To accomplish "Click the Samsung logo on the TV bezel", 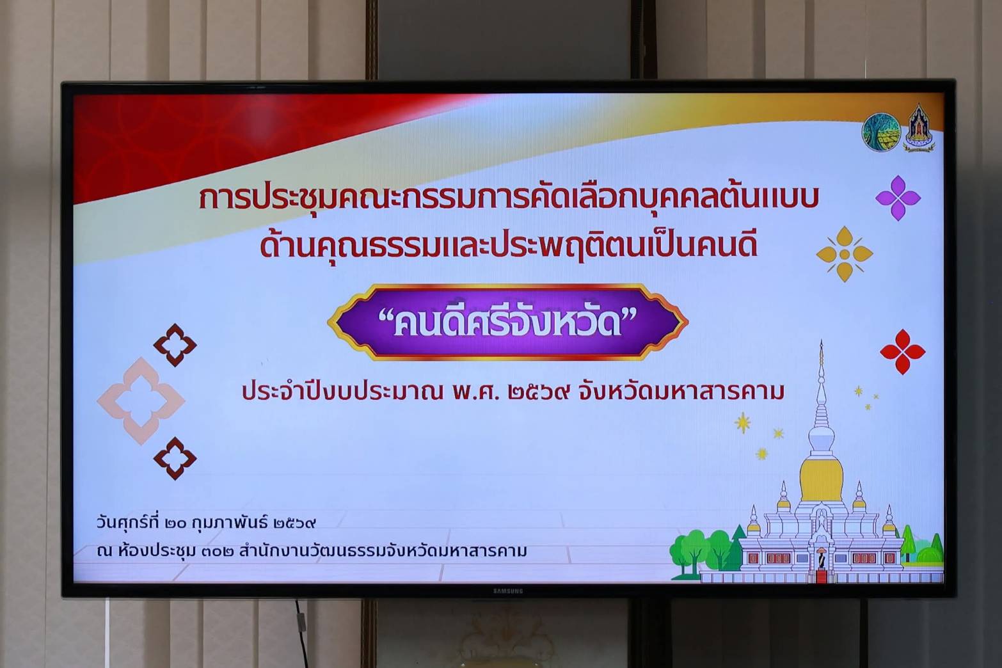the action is point(507,591).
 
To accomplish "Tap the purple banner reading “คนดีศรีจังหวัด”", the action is point(507,322).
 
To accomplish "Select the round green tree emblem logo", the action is point(881,132).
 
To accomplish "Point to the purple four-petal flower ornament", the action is point(898,198).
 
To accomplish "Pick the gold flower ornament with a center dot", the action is point(845,254).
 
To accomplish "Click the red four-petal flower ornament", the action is point(903,352).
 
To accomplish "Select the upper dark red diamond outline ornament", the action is point(175,345).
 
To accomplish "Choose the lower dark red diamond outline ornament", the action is point(175,459).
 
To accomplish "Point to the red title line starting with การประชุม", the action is point(509,200).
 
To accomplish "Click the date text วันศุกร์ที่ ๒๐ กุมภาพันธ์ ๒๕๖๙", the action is point(206,523).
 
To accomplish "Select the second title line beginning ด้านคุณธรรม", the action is point(509,246).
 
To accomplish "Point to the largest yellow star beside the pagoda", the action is point(743,423).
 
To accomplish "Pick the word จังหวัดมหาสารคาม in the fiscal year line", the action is point(681,392).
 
